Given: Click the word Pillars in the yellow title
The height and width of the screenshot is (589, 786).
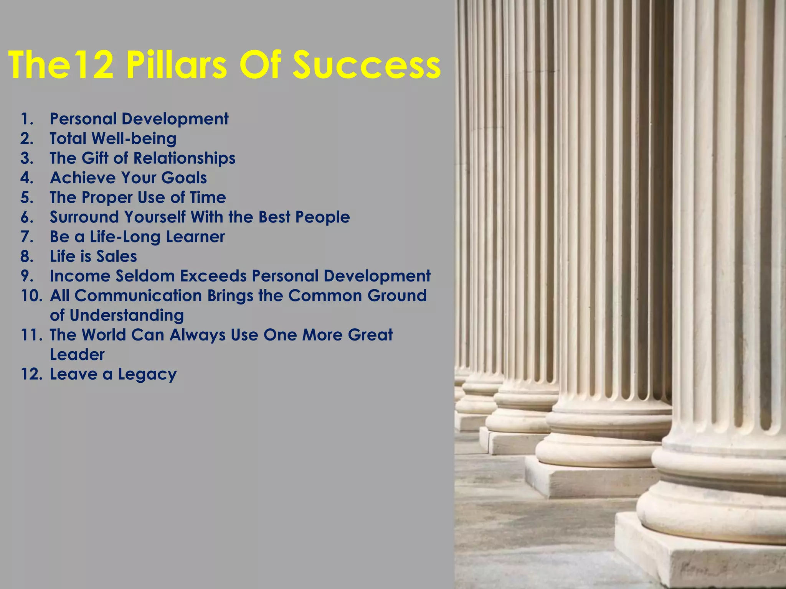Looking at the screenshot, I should (x=177, y=65).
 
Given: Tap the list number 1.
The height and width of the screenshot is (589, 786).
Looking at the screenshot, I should (x=27, y=119).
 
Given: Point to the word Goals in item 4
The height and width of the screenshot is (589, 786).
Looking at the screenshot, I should (x=184, y=178).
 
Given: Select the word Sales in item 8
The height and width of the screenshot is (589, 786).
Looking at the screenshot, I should (x=117, y=257).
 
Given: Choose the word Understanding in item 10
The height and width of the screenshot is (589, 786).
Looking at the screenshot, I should (x=127, y=316).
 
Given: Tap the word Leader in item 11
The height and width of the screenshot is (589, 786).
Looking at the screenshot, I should (x=77, y=355).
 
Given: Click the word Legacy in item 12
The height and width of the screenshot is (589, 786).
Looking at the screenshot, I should (x=147, y=375).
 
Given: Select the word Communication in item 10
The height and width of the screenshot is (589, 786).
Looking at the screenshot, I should (x=138, y=296).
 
